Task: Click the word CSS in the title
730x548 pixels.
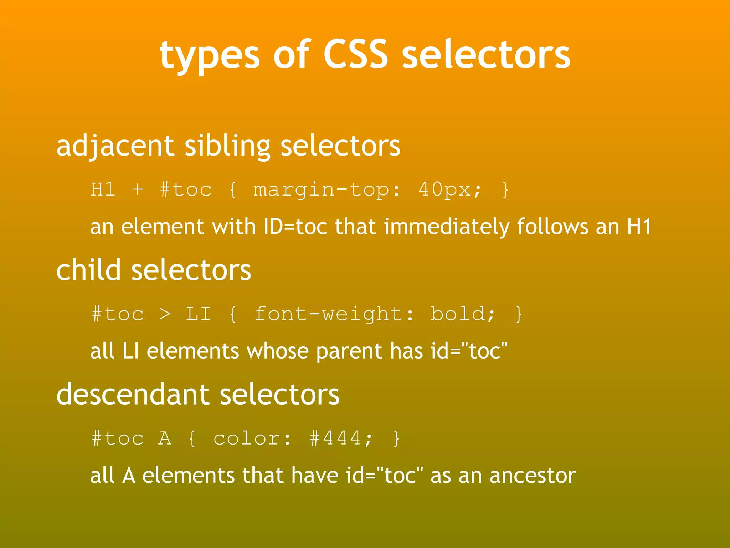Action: (x=355, y=54)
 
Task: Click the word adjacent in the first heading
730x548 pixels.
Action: (x=115, y=146)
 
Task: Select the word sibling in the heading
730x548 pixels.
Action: (x=227, y=146)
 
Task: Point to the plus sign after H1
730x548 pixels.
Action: (x=138, y=189)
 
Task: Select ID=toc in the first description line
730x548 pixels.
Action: (x=295, y=227)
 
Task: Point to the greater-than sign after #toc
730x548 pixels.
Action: (x=165, y=314)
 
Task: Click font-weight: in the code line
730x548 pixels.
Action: (x=335, y=314)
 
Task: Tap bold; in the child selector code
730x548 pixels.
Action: (x=463, y=314)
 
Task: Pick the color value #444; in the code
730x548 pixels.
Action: (x=341, y=438)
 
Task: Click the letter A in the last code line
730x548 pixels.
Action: (x=165, y=438)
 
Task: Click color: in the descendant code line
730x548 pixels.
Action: (x=252, y=438)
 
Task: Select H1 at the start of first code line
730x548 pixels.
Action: (x=103, y=189)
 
